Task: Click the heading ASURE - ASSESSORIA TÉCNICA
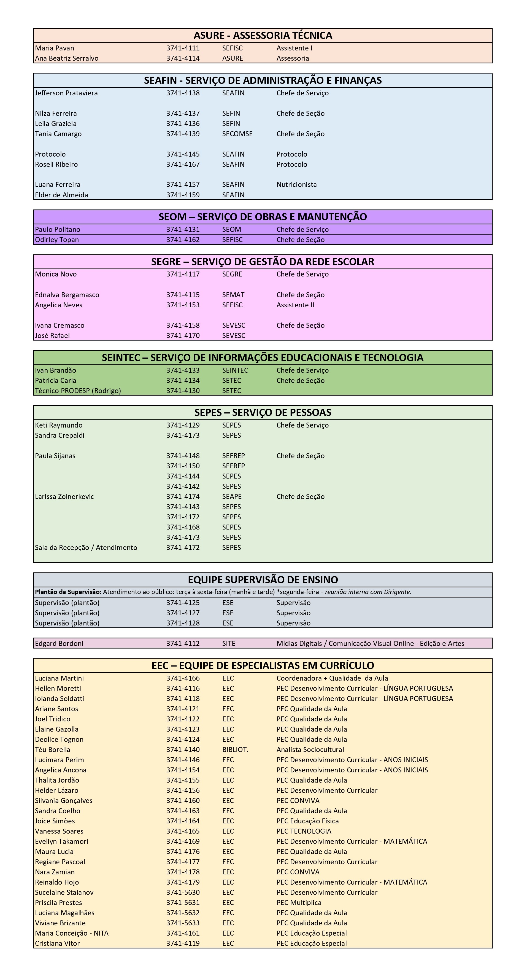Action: (263, 35)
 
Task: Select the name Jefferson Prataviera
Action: (66, 93)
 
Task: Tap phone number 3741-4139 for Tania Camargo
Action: (183, 134)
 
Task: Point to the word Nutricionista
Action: (296, 185)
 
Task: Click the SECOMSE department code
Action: (237, 134)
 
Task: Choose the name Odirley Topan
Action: (57, 240)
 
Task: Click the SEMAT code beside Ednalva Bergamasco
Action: (233, 295)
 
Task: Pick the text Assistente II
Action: (295, 305)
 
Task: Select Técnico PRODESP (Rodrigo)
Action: (78, 391)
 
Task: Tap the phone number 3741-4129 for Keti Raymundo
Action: (183, 425)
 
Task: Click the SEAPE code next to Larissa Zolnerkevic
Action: (231, 497)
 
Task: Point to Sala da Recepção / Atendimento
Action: (86, 548)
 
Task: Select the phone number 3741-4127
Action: (183, 613)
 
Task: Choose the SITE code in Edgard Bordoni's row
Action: (228, 643)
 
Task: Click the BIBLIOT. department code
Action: (235, 750)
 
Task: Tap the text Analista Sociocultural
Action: (310, 750)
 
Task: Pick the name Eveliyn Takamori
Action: (61, 841)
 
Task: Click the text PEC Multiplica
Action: (299, 902)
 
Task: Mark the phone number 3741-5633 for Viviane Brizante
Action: (183, 923)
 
